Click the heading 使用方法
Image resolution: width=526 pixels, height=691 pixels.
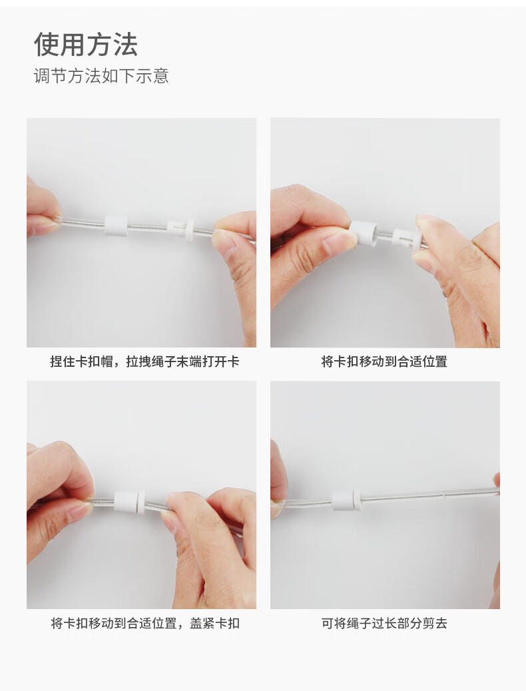[86, 45]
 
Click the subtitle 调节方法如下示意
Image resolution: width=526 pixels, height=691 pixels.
[101, 76]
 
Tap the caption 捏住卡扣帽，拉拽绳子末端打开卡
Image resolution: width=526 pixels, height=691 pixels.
[144, 361]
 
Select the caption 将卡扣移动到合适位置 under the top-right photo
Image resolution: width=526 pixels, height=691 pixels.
[384, 361]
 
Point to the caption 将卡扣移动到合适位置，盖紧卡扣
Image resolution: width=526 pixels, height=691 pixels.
[145, 624]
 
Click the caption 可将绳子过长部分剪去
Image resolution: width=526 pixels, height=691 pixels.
[384, 624]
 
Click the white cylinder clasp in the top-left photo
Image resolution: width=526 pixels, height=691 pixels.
[116, 225]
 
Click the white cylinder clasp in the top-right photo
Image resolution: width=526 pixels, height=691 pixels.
[364, 233]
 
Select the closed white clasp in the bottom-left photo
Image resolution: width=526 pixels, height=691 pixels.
[129, 501]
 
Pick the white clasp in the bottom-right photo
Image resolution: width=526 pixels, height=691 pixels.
[346, 501]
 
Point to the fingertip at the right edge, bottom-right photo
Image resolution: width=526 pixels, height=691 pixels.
[497, 479]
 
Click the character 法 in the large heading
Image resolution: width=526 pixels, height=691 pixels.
[125, 45]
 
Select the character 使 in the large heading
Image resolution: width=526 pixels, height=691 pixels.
[47, 45]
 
